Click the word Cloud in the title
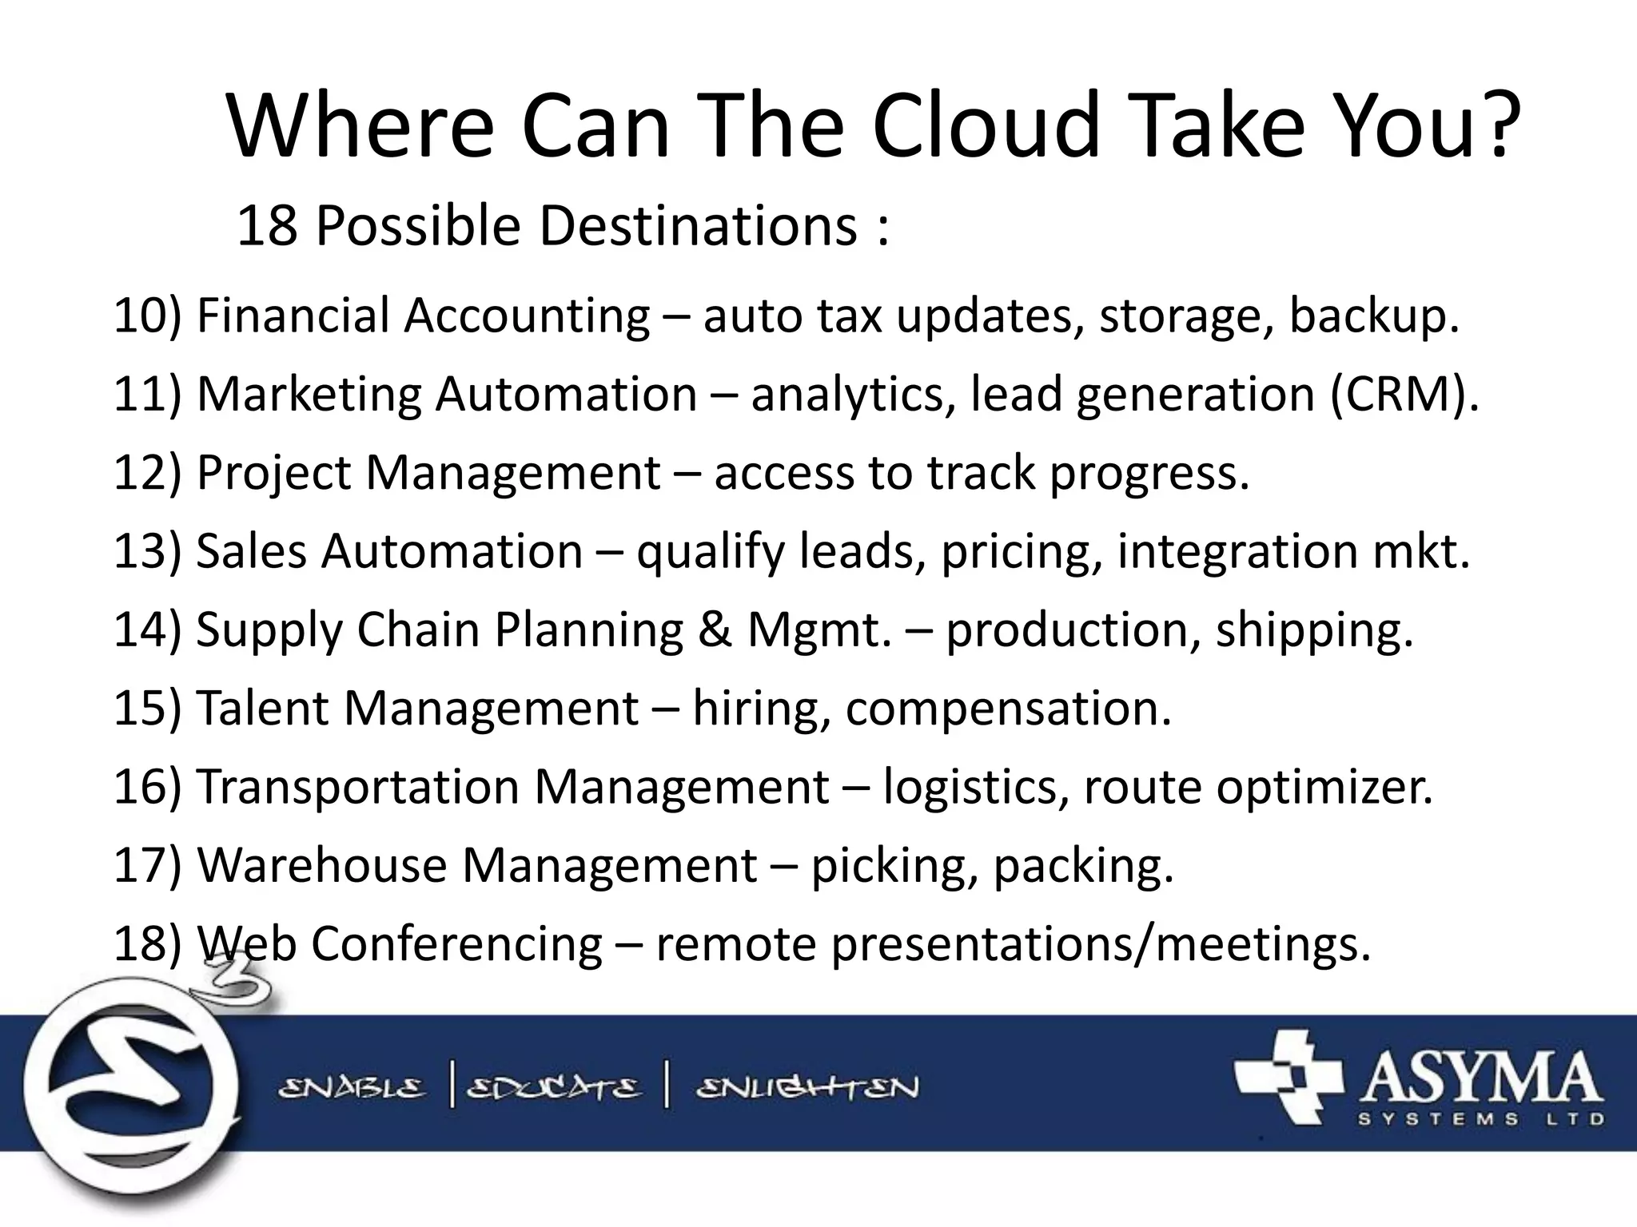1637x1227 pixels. (x=987, y=126)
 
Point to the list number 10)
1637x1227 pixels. (x=149, y=316)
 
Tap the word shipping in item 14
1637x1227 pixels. (x=1314, y=630)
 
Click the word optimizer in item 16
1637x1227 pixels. (x=1324, y=787)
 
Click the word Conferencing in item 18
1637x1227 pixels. (x=456, y=944)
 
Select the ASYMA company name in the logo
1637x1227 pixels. (x=1479, y=1080)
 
